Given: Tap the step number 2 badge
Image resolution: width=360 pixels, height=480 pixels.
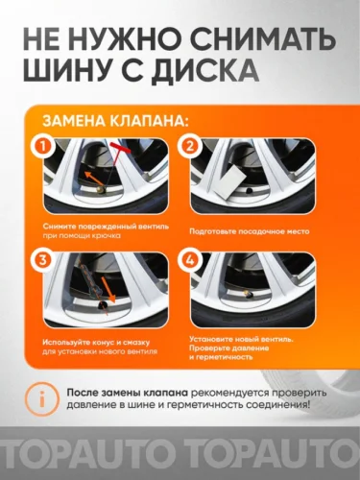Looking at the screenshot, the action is (190, 147).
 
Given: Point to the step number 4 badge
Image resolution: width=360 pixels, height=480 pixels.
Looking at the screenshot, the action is (190, 260).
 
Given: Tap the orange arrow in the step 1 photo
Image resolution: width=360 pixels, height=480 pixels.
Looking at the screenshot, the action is (94, 179).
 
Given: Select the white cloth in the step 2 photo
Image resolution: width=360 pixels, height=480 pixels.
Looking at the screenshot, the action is (228, 184).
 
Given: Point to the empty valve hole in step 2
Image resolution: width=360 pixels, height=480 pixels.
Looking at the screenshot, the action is (249, 191).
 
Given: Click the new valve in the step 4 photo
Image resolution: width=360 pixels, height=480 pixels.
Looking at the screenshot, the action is (247, 294).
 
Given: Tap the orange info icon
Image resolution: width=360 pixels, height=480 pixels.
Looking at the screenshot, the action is (42, 399).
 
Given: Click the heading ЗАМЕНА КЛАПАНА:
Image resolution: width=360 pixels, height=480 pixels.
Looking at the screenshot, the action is (116, 121).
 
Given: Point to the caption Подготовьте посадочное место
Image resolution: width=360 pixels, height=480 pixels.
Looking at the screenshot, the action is (250, 231).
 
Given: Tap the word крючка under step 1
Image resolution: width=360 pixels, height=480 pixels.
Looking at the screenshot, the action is (107, 236).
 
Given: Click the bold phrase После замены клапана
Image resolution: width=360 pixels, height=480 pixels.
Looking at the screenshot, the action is (128, 393).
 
